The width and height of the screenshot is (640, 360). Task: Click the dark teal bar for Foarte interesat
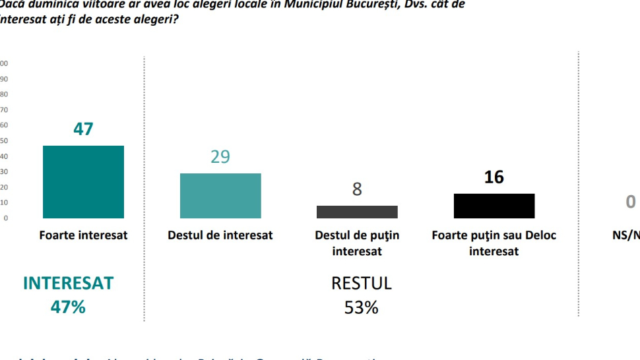coord(83,181)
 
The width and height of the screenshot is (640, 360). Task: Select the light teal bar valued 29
coord(220,196)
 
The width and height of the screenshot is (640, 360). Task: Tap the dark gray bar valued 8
coord(357,212)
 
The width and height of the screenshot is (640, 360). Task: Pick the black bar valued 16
coord(494,206)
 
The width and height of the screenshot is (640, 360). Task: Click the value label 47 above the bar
coord(83,129)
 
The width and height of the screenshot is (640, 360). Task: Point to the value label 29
coord(220,157)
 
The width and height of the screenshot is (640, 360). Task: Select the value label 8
coord(357,190)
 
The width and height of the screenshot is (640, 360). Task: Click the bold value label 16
coord(494,177)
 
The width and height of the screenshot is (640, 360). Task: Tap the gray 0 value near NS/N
coord(631,202)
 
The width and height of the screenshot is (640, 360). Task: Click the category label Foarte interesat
coord(83,235)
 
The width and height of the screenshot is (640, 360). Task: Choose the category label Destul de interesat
coord(220,235)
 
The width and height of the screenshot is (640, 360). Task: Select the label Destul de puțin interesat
coord(357,243)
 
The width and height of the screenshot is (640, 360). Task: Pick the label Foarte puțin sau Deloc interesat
coord(494,243)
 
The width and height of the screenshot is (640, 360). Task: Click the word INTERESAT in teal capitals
coord(69,284)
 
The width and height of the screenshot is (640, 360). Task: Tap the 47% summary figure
coord(69,307)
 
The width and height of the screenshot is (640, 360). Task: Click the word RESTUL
coord(361,284)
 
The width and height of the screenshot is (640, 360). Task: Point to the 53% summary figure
coord(361,307)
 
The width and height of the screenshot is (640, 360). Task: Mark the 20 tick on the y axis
coord(4,187)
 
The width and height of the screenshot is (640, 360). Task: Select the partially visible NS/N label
coord(626,235)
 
